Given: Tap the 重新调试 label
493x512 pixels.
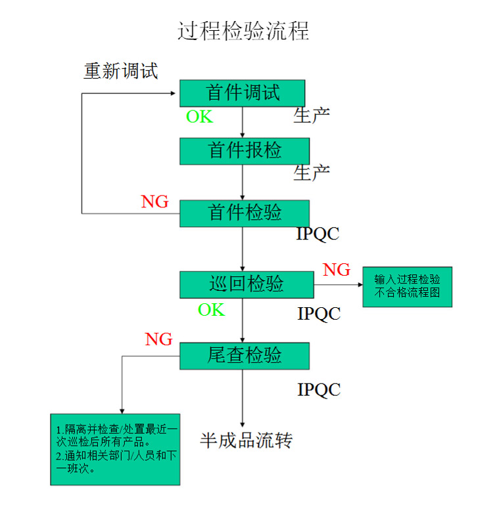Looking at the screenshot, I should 121,70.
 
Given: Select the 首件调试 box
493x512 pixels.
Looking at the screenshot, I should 243,93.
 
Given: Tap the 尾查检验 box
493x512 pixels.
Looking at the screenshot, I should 245,355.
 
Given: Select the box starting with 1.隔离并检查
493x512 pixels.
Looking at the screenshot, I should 116,449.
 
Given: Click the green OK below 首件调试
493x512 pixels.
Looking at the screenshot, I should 199,117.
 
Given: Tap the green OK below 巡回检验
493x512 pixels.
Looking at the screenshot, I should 212,310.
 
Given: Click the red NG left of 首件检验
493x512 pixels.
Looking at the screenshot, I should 154,202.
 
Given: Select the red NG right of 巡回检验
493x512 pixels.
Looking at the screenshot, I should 337,270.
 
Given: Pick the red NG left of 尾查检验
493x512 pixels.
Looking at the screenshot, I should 158,339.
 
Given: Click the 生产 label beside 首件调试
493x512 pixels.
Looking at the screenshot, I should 312,116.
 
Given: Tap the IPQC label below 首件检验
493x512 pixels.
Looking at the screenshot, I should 319,234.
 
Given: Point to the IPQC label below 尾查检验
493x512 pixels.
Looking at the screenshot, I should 319,390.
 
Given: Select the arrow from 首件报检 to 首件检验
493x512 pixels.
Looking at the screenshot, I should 243,182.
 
